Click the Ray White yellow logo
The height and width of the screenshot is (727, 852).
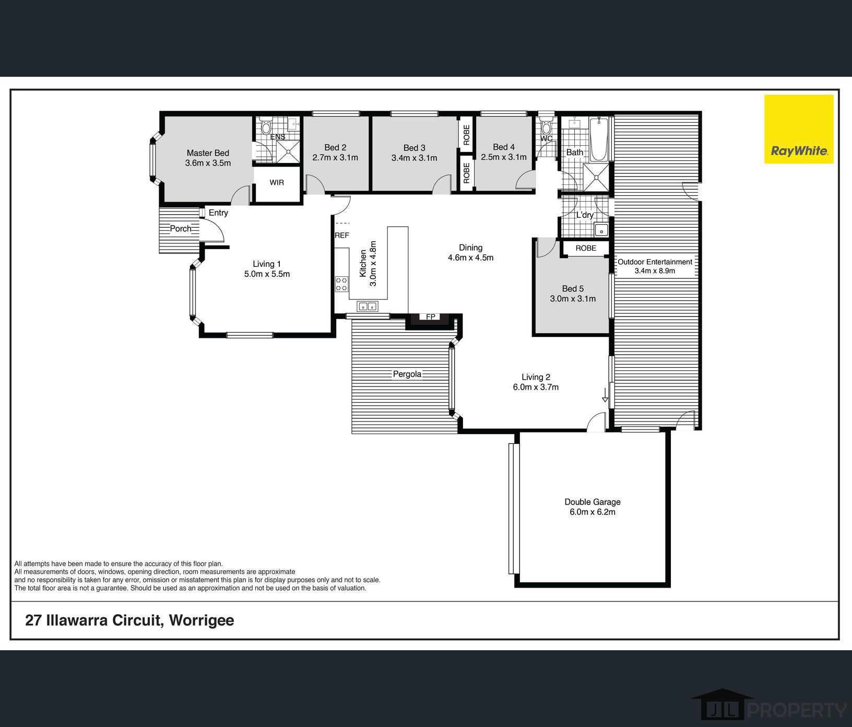(x=799, y=129)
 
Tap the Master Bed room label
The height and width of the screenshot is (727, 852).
(x=208, y=153)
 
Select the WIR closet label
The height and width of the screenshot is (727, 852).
(x=277, y=182)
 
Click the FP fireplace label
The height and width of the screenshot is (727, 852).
(x=431, y=317)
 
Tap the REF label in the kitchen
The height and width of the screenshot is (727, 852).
(x=342, y=236)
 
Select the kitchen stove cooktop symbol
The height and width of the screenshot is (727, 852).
(x=341, y=285)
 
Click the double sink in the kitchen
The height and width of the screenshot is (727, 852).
(x=367, y=307)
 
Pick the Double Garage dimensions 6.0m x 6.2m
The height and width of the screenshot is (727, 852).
(x=593, y=512)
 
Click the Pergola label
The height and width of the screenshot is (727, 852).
(x=407, y=374)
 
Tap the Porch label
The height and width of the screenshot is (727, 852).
(x=181, y=228)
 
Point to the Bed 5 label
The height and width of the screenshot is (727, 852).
(x=573, y=288)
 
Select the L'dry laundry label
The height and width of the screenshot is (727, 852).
(x=585, y=215)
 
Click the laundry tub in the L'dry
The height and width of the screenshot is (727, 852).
(x=601, y=230)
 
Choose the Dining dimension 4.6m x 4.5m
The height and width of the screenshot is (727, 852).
(x=470, y=257)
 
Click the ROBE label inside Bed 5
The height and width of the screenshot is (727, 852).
(x=586, y=248)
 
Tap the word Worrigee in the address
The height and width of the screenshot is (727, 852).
(x=202, y=620)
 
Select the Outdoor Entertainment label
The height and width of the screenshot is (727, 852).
(x=655, y=262)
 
